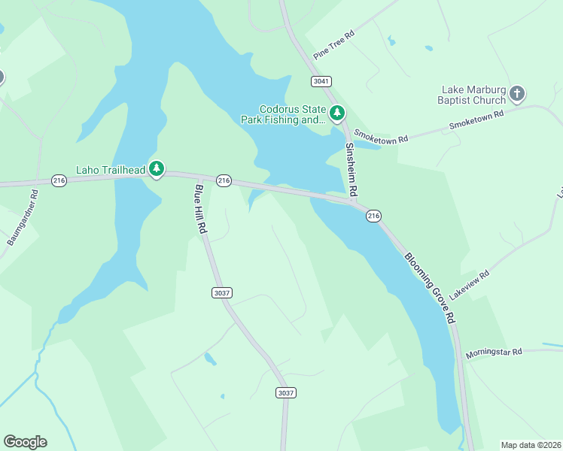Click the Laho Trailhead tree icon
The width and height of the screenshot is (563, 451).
click(x=157, y=169)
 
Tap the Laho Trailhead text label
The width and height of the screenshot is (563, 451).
click(x=111, y=170)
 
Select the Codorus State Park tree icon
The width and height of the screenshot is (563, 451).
click(x=338, y=114)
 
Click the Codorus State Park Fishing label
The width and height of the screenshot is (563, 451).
click(x=283, y=114)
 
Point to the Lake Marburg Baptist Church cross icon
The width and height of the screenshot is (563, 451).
click(x=516, y=94)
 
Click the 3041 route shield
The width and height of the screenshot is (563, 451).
click(x=321, y=80)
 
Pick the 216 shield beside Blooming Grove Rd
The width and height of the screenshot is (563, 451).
click(x=373, y=216)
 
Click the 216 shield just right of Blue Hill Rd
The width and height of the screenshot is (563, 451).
click(x=223, y=180)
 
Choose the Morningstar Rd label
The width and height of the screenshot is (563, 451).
click(x=493, y=353)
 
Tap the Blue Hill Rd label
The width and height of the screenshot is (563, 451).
click(x=200, y=210)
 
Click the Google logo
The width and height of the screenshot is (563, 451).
click(x=25, y=442)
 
